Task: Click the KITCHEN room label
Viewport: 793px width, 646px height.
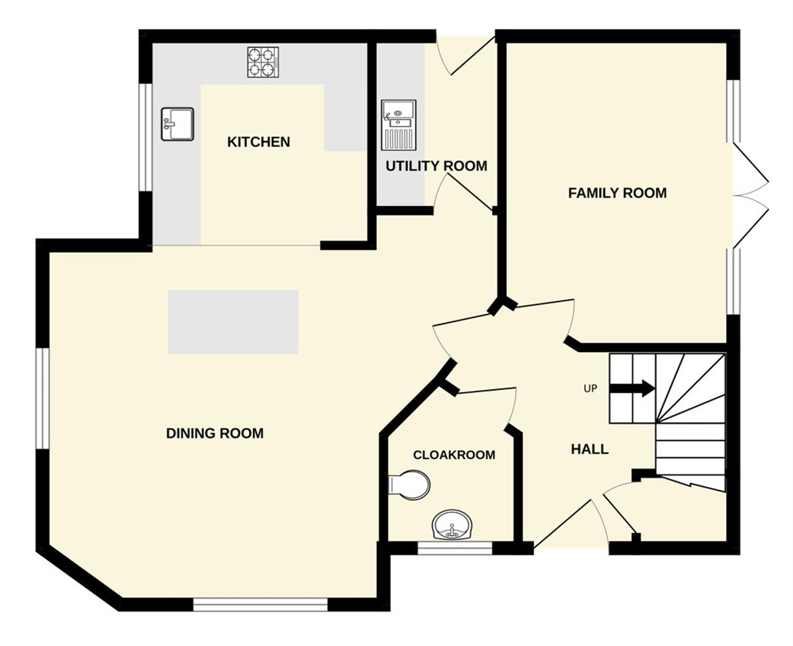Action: pyautogui.click(x=259, y=142)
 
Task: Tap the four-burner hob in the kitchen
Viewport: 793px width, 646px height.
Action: pyautogui.click(x=263, y=62)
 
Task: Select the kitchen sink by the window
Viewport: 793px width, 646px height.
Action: pyautogui.click(x=178, y=124)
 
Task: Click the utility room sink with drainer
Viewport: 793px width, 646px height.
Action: pyautogui.click(x=398, y=124)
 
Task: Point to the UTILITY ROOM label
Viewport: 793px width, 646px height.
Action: pyautogui.click(x=436, y=166)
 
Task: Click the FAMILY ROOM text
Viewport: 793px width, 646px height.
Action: pyautogui.click(x=617, y=193)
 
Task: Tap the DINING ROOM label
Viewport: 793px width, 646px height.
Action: pyautogui.click(x=215, y=433)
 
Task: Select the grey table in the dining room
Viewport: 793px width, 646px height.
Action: pyautogui.click(x=233, y=321)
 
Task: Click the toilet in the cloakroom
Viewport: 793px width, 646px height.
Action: pyautogui.click(x=409, y=485)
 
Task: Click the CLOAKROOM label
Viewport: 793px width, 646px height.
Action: pyautogui.click(x=454, y=454)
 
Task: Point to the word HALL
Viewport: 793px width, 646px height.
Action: pyautogui.click(x=590, y=450)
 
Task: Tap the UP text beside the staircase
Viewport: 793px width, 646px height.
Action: pyautogui.click(x=590, y=389)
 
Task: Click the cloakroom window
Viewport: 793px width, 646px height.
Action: pyautogui.click(x=455, y=548)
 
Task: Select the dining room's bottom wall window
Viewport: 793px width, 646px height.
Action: pyautogui.click(x=260, y=605)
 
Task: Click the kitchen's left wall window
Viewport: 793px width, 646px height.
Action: pyautogui.click(x=146, y=137)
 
